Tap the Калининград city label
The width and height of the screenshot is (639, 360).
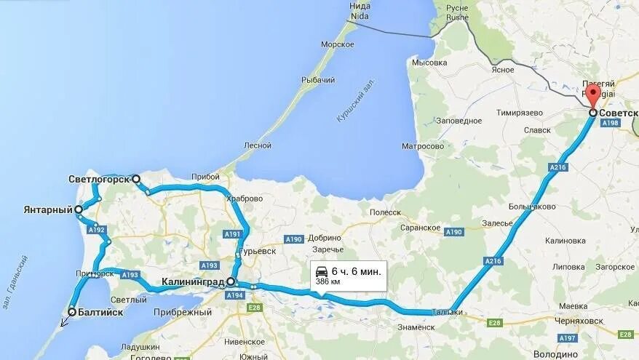tap(193, 282)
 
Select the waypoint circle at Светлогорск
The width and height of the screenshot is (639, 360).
tap(136, 178)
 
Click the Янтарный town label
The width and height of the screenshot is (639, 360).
tap(48, 209)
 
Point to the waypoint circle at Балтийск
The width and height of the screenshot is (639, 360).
tap(72, 313)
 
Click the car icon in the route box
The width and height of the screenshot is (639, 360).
tap(321, 271)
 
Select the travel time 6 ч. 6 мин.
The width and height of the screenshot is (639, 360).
tap(355, 271)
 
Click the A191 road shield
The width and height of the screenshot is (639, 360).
tap(232, 234)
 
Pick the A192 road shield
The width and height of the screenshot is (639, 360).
tap(97, 229)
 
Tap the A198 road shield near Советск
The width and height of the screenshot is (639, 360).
tap(611, 124)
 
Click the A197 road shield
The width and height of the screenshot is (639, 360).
tap(568, 337)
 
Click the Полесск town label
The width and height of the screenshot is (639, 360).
tap(386, 212)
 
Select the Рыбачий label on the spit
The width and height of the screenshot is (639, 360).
tap(319, 79)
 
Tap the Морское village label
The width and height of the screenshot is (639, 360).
tap(338, 44)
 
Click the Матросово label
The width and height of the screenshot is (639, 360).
tap(423, 146)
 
